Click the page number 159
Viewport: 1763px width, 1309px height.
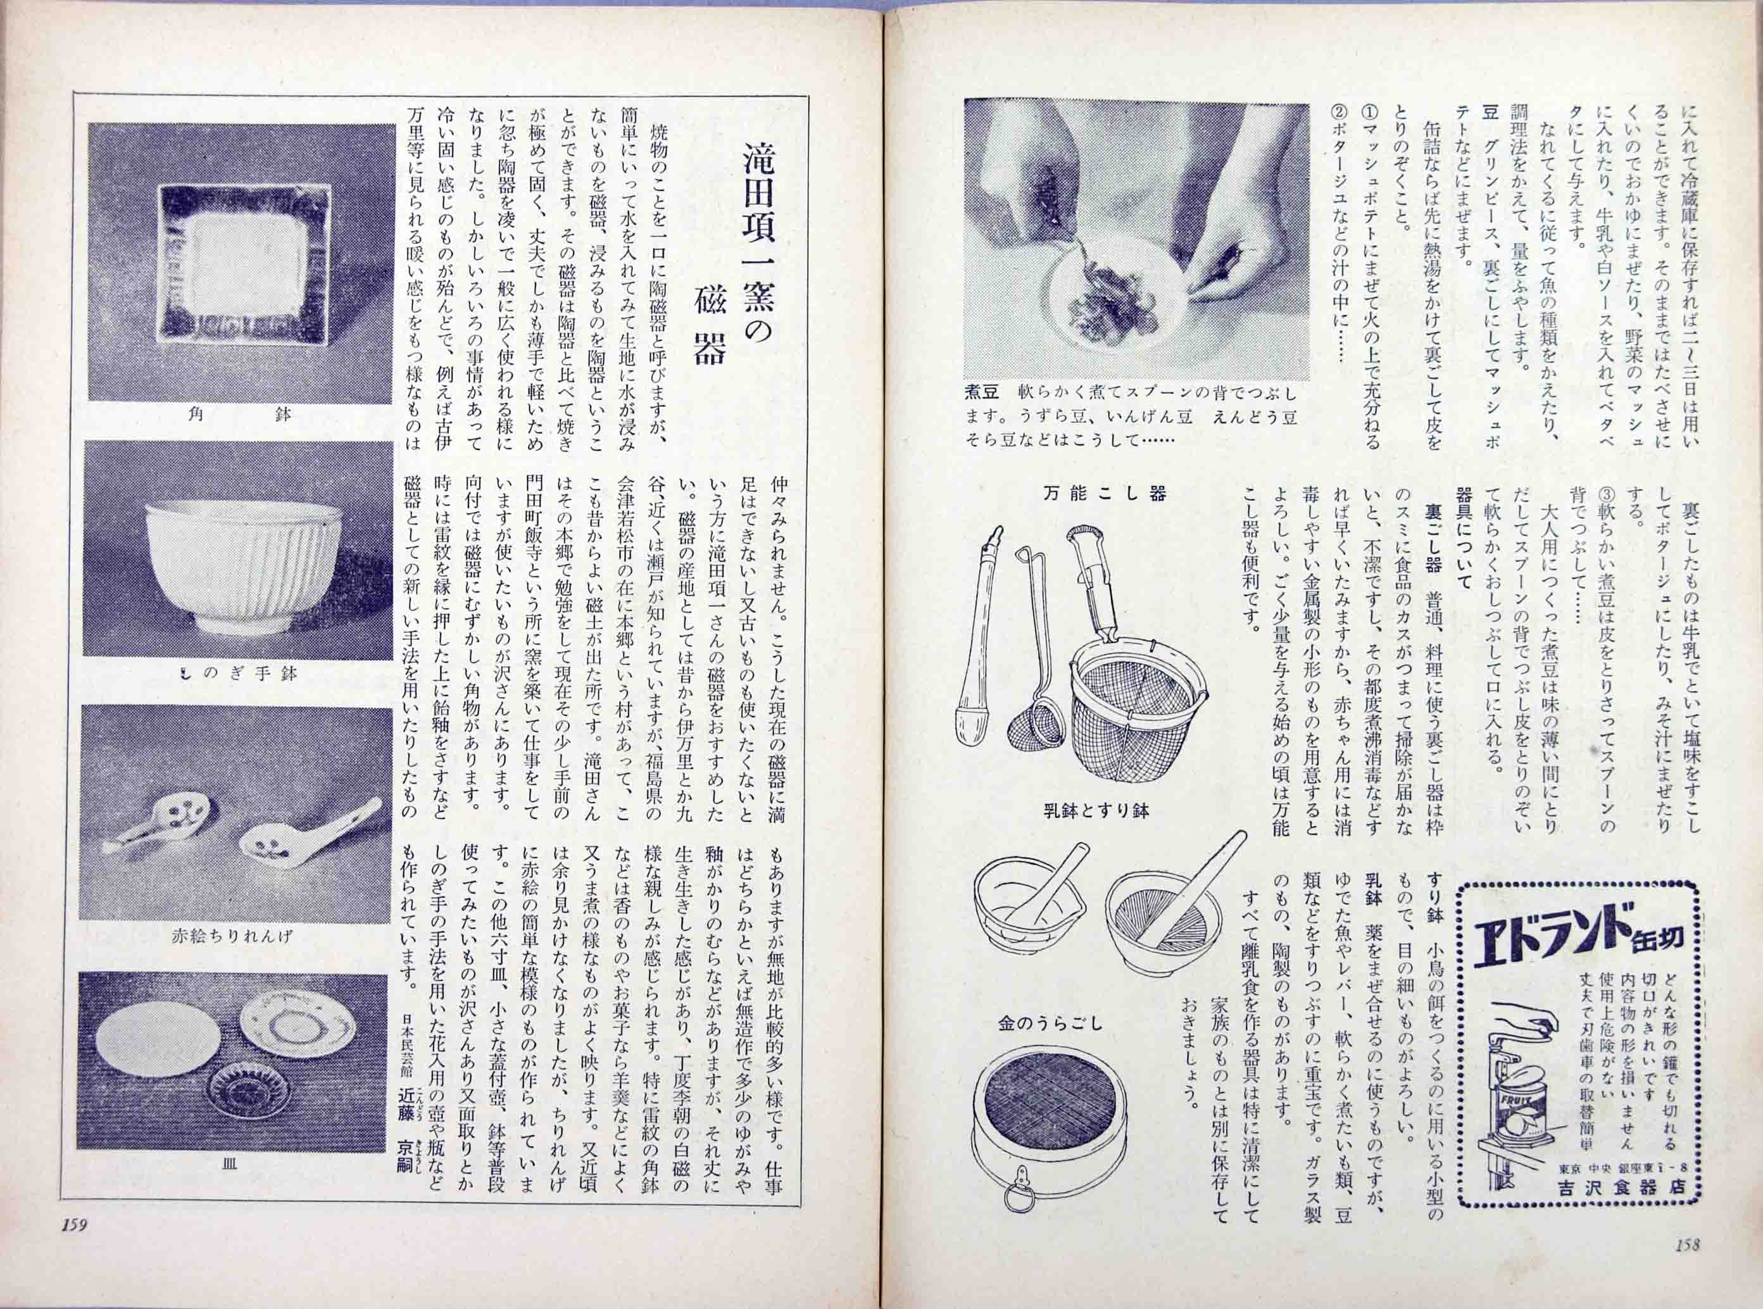pyautogui.click(x=72, y=1246)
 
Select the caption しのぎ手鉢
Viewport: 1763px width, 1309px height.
pyautogui.click(x=239, y=674)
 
